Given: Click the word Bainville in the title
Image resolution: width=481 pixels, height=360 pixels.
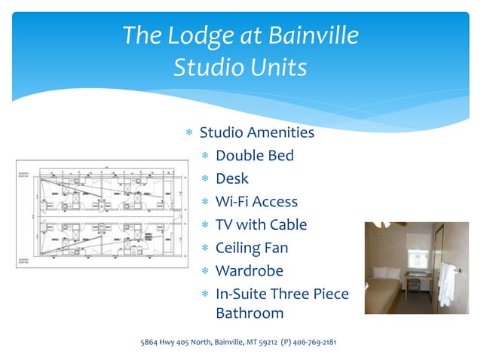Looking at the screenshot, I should (x=307, y=35).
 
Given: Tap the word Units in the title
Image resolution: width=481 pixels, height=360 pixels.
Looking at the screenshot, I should (x=274, y=68).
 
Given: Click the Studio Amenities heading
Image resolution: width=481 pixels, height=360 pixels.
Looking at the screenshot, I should (x=256, y=133).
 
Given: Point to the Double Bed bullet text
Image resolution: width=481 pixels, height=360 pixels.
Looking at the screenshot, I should (x=254, y=156).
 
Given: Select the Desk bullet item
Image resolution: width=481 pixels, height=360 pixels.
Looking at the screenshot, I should (x=231, y=179).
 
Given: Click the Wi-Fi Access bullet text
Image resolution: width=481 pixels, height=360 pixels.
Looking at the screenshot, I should (x=256, y=202).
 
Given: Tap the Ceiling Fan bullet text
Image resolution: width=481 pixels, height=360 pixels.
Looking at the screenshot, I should (x=252, y=248).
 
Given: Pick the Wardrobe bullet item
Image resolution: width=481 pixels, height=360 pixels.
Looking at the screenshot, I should (x=249, y=270).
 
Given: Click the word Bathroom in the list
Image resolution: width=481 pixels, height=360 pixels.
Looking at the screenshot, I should (x=250, y=313).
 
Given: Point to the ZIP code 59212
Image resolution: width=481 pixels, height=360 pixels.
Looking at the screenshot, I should (x=266, y=343).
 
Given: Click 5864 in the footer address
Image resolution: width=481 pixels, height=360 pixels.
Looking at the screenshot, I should (x=151, y=343).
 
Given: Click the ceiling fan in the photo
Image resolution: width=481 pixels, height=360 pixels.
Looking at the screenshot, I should (x=380, y=224).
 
